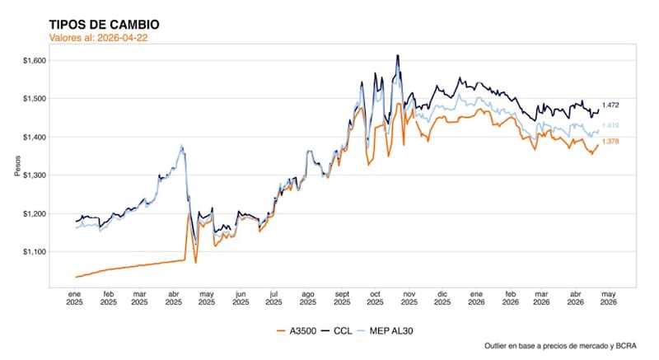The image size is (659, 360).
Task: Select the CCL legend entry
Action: pyautogui.click(x=339, y=331)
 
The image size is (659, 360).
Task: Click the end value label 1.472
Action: pyautogui.click(x=610, y=105)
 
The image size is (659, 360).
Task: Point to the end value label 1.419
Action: pyautogui.click(x=610, y=125)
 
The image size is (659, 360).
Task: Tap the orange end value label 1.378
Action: pyautogui.click(x=610, y=142)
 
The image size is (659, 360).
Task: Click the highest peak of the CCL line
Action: pyautogui.click(x=398, y=56)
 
